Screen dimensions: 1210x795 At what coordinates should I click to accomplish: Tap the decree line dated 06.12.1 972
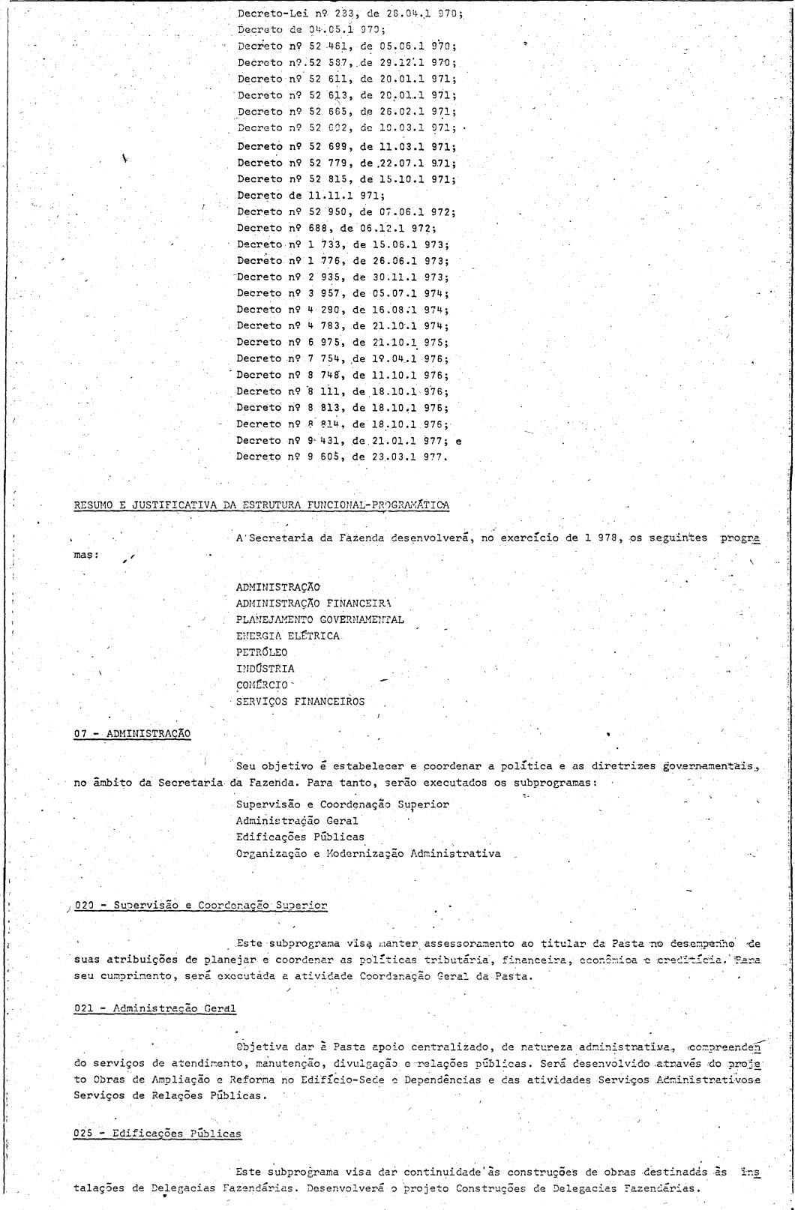(336, 229)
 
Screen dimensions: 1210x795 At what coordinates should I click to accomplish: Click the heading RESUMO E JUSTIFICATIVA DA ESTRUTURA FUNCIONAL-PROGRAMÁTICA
(261, 505)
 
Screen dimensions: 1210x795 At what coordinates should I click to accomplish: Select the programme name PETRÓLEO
(261, 652)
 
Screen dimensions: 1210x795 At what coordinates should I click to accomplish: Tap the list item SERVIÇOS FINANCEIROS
(300, 702)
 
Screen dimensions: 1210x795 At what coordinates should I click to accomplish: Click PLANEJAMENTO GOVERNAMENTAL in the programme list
(319, 619)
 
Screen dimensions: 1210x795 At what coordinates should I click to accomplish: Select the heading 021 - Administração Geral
(150, 1008)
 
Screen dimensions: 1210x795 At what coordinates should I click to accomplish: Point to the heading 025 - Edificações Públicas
(157, 1113)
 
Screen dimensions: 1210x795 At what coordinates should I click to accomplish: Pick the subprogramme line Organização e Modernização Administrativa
(367, 853)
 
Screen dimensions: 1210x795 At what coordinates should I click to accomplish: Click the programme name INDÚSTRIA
(265, 669)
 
